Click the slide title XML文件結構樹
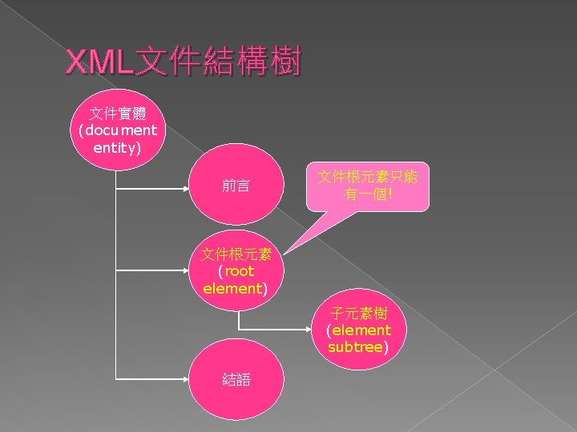[183, 62]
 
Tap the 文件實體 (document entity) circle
[117, 128]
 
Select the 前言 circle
[236, 186]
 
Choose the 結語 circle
[236, 379]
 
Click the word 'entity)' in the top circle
[117, 148]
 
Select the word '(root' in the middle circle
[236, 271]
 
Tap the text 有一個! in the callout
[368, 194]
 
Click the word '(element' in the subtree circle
[358, 330]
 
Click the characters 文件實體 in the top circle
[117, 110]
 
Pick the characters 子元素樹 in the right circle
[358, 313]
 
